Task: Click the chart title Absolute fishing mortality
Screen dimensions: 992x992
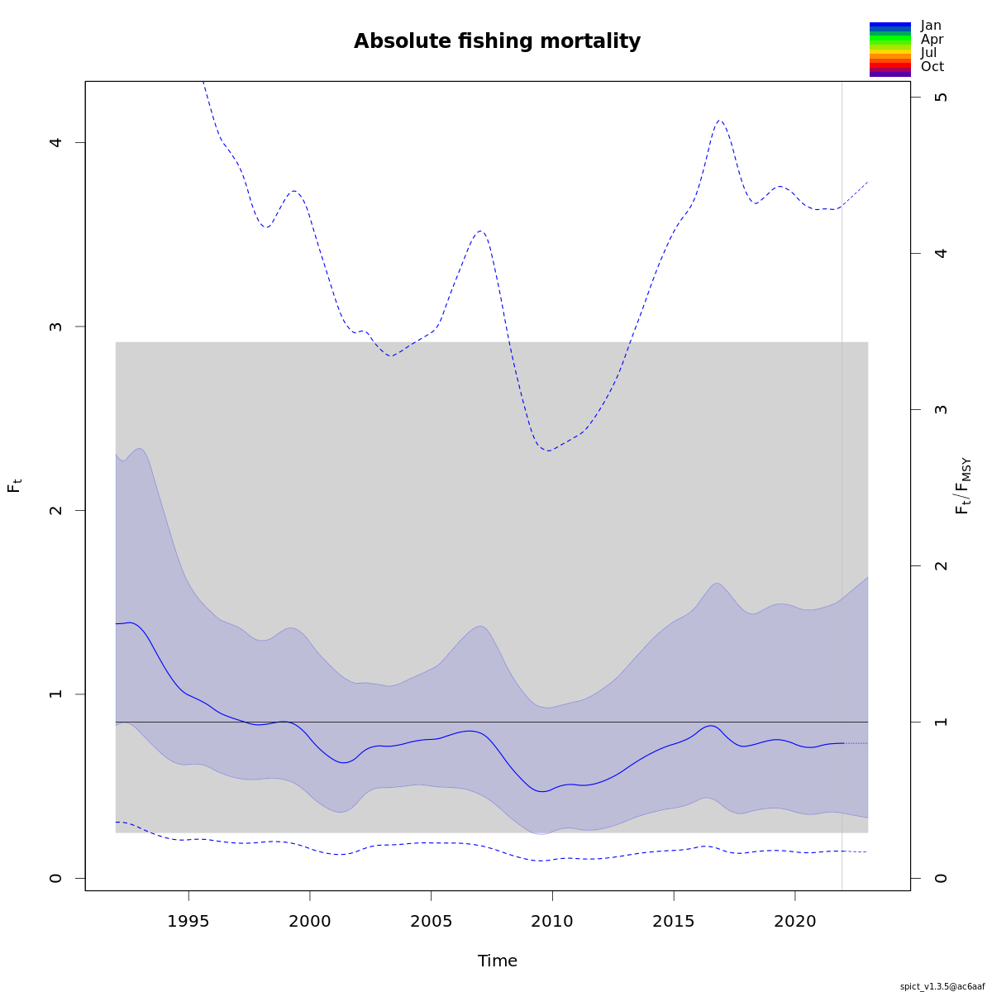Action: (497, 41)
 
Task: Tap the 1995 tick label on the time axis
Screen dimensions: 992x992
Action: (188, 921)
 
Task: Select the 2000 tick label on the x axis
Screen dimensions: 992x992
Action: (310, 921)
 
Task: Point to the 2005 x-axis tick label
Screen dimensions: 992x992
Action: (432, 921)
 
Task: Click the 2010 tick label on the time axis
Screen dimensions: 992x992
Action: (552, 921)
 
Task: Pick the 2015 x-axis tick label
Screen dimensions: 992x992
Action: (674, 921)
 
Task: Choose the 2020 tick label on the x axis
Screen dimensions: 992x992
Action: (794, 921)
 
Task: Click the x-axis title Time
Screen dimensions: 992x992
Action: (497, 961)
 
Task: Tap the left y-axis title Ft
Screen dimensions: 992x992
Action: (14, 485)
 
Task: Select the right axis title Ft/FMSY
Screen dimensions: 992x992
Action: (963, 486)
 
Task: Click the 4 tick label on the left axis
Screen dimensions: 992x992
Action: (56, 142)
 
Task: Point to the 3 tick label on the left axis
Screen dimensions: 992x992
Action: (56, 327)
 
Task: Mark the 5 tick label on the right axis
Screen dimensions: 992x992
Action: (941, 97)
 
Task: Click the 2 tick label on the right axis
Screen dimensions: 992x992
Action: (941, 565)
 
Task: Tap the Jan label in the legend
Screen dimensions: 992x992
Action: (931, 26)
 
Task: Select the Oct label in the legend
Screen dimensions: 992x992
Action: (932, 67)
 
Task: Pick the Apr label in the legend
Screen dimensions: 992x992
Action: (932, 39)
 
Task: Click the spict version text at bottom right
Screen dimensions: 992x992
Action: (942, 986)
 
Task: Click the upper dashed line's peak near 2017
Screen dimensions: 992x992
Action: (719, 120)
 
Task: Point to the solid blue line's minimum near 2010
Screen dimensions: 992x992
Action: (542, 792)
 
